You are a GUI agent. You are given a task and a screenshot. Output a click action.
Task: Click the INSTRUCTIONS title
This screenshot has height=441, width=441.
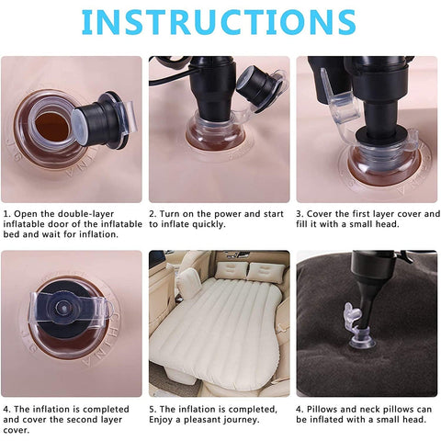[220, 23]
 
